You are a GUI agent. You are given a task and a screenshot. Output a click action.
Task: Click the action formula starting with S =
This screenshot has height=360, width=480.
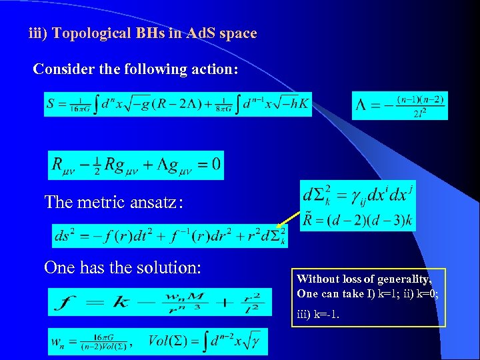point(178,104)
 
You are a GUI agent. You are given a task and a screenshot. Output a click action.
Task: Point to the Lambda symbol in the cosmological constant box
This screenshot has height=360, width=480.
point(361,106)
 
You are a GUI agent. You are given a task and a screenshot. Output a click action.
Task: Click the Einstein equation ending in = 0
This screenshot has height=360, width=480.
point(136,165)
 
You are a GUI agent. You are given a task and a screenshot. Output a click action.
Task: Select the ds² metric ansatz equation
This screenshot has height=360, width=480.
point(170,236)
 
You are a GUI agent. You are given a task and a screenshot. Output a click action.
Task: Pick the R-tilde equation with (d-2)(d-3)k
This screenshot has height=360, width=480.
point(357,219)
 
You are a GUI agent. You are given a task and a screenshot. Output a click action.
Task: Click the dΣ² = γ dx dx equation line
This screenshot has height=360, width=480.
point(357,195)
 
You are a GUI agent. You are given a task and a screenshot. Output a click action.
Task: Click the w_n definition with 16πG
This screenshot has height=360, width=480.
point(90,343)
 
